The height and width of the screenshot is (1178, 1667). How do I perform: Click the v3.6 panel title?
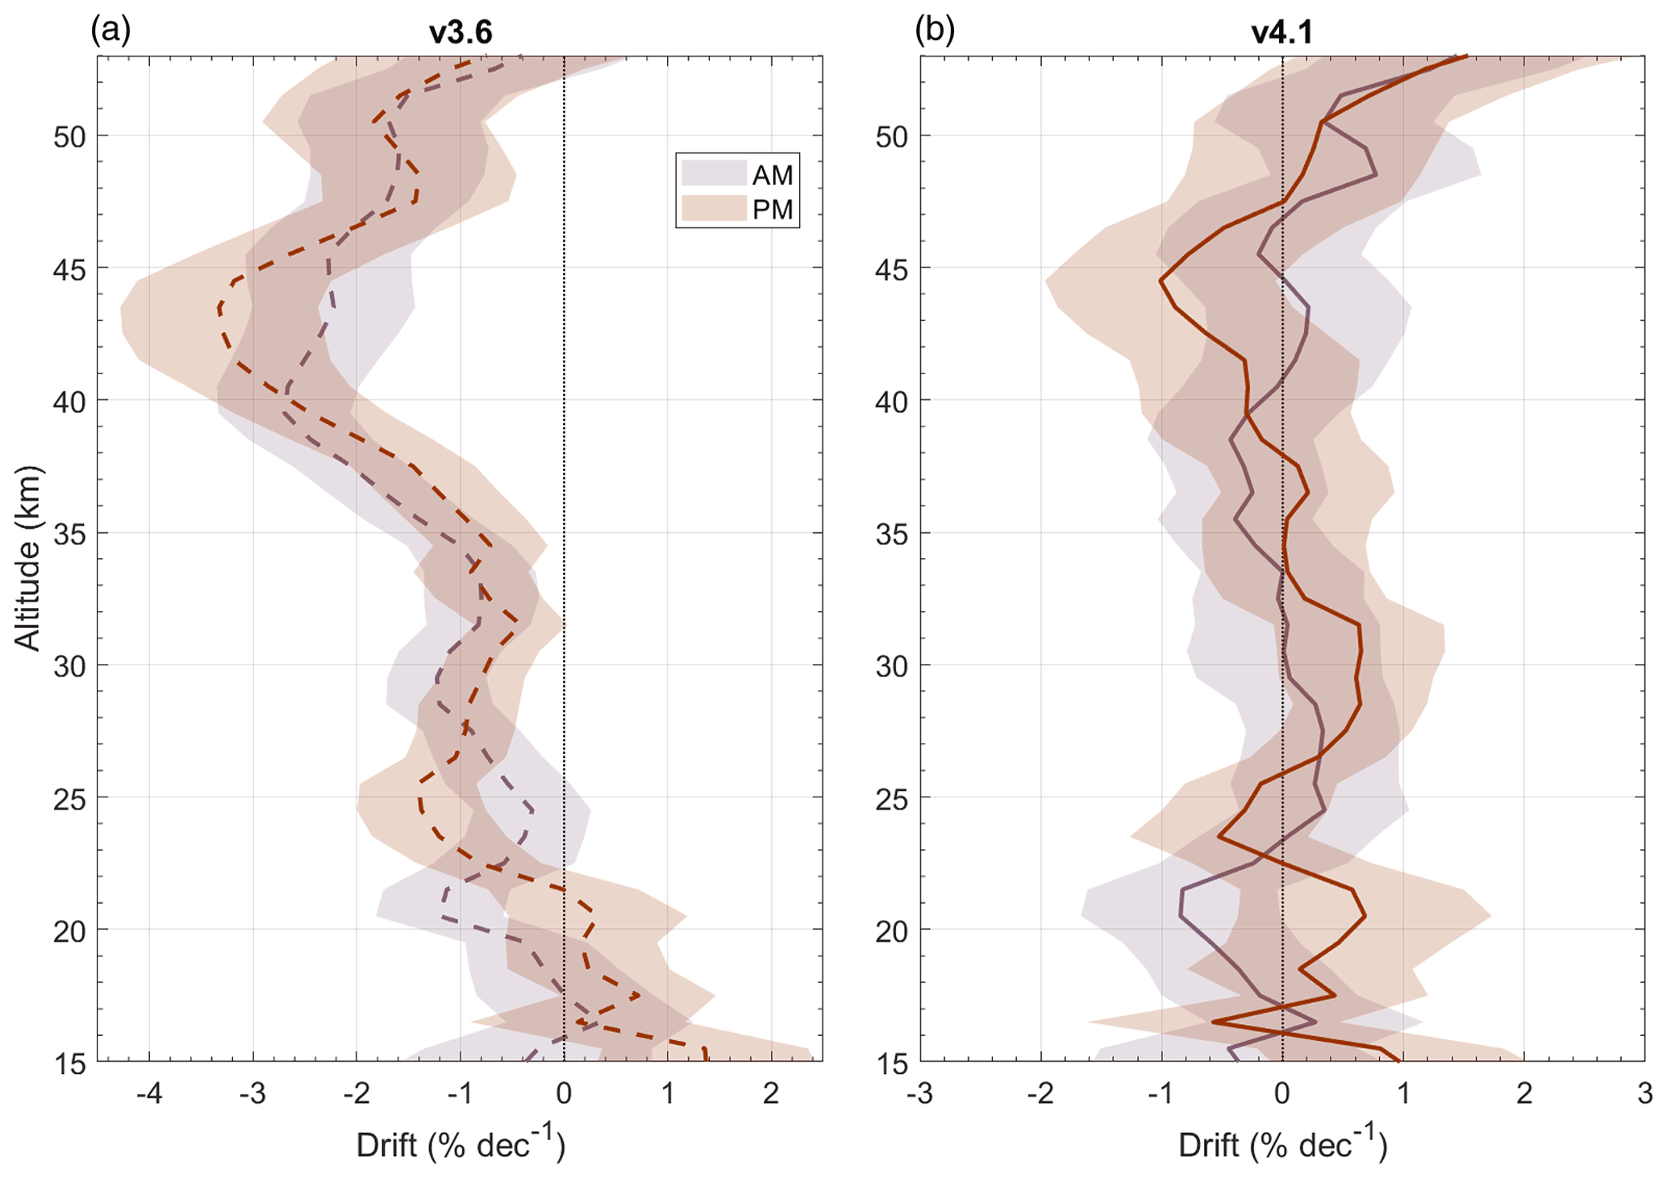click(460, 33)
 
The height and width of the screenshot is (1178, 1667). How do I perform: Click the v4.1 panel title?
click(1282, 33)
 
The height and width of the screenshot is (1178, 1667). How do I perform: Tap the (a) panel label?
click(110, 30)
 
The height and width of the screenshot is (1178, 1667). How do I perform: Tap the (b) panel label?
click(935, 30)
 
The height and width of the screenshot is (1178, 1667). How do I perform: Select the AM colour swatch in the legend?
click(714, 174)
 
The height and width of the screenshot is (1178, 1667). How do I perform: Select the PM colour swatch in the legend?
click(714, 209)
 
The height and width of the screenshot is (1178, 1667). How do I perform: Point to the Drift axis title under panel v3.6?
click(461, 1144)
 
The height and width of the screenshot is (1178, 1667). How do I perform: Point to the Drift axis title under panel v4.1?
click(1282, 1144)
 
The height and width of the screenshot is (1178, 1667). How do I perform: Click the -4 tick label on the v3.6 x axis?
click(148, 1094)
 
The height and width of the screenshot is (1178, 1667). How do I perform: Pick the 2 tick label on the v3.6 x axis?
click(771, 1094)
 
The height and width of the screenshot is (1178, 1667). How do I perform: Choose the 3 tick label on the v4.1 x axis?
click(1644, 1094)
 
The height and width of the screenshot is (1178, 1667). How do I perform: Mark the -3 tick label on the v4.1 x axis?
click(919, 1094)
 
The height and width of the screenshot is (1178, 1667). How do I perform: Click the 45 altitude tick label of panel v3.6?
click(69, 269)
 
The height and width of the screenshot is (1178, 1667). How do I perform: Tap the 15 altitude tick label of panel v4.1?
click(892, 1064)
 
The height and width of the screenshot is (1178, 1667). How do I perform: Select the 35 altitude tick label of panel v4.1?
click(892, 534)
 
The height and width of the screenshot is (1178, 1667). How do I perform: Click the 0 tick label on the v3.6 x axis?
click(564, 1094)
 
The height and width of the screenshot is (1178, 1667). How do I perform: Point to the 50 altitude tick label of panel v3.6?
click(69, 137)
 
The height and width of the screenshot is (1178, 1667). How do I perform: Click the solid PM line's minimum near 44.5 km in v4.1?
click(1161, 280)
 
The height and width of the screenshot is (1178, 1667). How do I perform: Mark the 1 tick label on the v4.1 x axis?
click(1403, 1094)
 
